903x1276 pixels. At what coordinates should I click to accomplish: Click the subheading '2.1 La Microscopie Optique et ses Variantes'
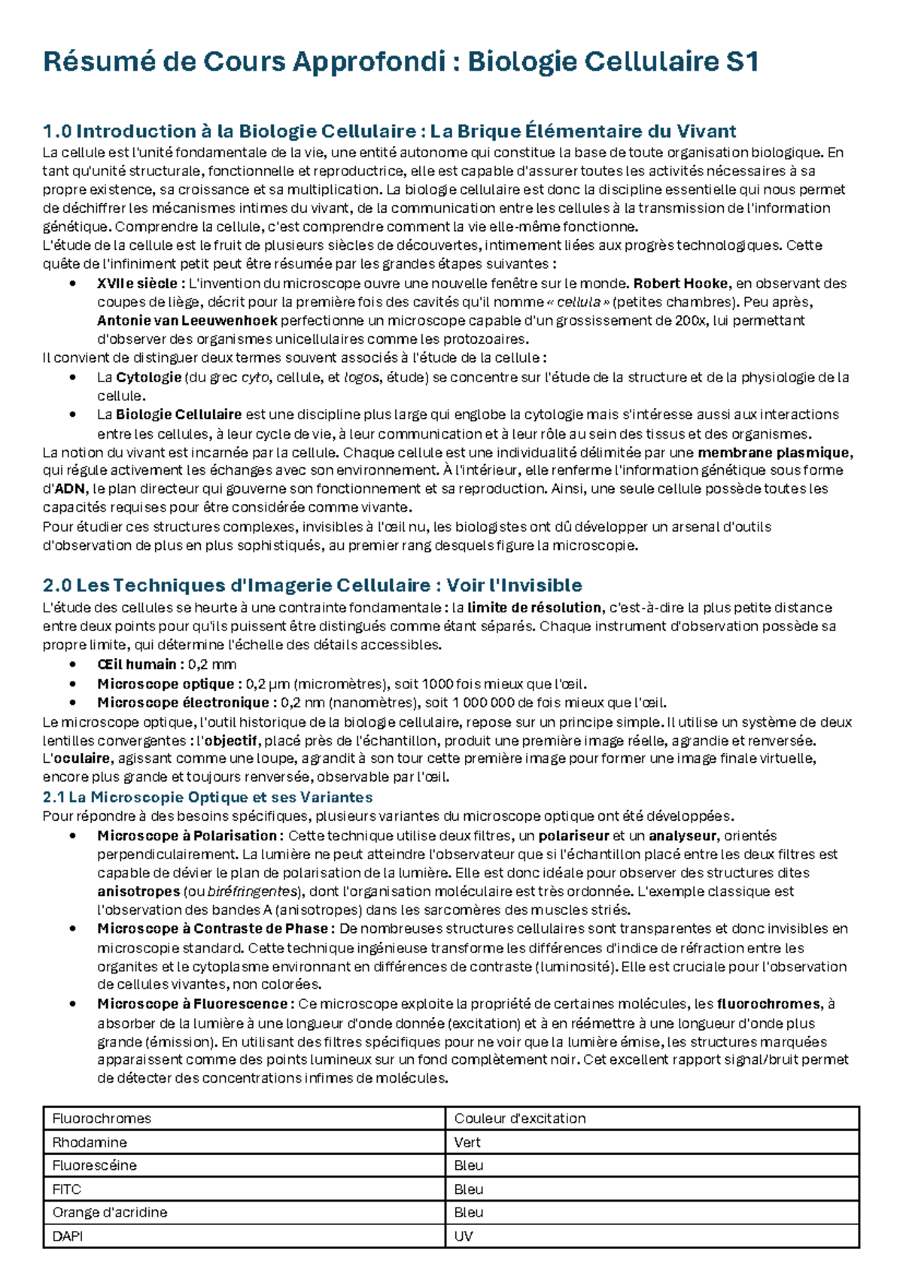pyautogui.click(x=208, y=797)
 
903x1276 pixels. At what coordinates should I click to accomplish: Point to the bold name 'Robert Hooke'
pyautogui.click(x=681, y=284)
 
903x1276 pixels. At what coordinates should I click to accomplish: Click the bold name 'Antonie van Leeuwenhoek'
pyautogui.click(x=187, y=321)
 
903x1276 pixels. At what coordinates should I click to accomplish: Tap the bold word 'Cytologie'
pyautogui.click(x=148, y=377)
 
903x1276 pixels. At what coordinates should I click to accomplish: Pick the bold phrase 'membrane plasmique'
pyautogui.click(x=774, y=453)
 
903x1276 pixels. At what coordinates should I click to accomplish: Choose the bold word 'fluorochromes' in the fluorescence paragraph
pyautogui.click(x=768, y=1004)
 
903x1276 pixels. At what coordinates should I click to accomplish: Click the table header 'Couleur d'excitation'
pyautogui.click(x=519, y=1119)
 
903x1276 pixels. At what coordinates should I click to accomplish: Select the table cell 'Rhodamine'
pyautogui.click(x=90, y=1142)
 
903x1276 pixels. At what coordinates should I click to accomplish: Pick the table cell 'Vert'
pyautogui.click(x=467, y=1142)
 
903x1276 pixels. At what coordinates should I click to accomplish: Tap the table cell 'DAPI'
pyautogui.click(x=68, y=1236)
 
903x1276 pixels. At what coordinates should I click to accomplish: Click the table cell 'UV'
pyautogui.click(x=464, y=1236)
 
